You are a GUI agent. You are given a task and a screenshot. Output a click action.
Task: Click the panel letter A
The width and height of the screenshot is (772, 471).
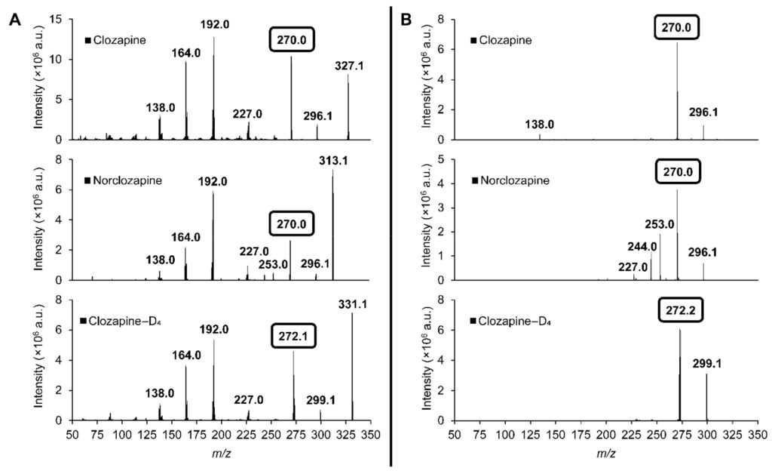pyautogui.click(x=14, y=20)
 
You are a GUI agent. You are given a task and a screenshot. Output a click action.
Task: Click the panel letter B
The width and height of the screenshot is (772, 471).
pyautogui.click(x=406, y=20)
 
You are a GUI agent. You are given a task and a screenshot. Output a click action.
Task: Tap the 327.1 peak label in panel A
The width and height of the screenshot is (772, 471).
pyautogui.click(x=349, y=66)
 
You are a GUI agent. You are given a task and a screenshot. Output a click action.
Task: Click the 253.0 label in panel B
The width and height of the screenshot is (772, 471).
pyautogui.click(x=660, y=224)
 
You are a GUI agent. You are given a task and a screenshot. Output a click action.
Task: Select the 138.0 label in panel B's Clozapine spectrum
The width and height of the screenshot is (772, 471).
pyautogui.click(x=540, y=124)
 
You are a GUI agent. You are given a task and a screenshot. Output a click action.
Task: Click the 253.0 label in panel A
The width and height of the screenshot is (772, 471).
pyautogui.click(x=272, y=264)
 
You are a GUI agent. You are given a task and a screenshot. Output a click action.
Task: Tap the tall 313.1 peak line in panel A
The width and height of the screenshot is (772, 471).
pyautogui.click(x=332, y=226)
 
